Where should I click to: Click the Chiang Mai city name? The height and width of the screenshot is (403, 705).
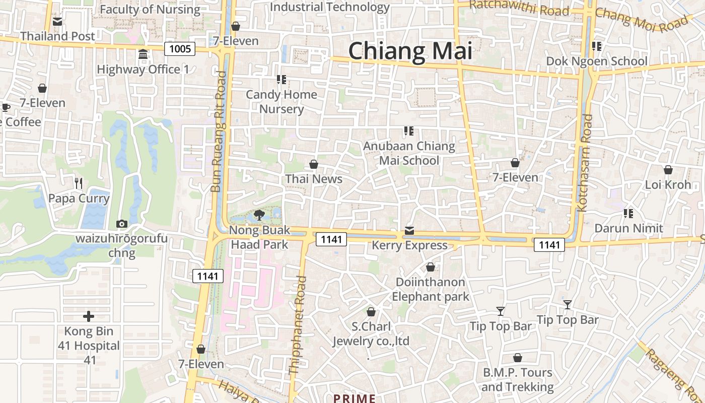pos(410,51)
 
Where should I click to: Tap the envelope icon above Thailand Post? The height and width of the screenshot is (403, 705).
pos(57,22)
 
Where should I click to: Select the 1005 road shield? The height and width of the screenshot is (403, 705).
pos(180,48)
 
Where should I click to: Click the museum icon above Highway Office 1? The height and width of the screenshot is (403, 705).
pos(143,54)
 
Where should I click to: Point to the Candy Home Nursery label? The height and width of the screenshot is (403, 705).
pos(281,102)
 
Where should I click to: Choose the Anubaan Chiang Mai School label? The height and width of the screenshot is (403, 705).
pos(409,153)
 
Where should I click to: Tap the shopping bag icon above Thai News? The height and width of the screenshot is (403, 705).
pos(314,164)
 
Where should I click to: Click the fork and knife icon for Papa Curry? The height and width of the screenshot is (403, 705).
pos(78,183)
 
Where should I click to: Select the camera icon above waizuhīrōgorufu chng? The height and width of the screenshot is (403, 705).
pos(121,224)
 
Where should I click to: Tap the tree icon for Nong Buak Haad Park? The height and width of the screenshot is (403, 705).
pos(259,216)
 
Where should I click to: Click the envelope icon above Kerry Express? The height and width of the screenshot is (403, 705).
pos(409,231)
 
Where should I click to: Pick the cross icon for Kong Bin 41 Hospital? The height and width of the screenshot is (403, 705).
pos(89,316)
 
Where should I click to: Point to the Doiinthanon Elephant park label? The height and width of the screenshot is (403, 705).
pos(431,289)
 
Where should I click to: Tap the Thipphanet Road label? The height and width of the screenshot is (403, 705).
pos(298,325)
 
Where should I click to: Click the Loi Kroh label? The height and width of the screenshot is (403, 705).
pos(668,184)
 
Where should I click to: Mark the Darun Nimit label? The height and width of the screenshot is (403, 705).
pos(628,228)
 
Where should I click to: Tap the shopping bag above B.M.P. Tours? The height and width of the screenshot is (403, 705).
pos(517,358)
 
